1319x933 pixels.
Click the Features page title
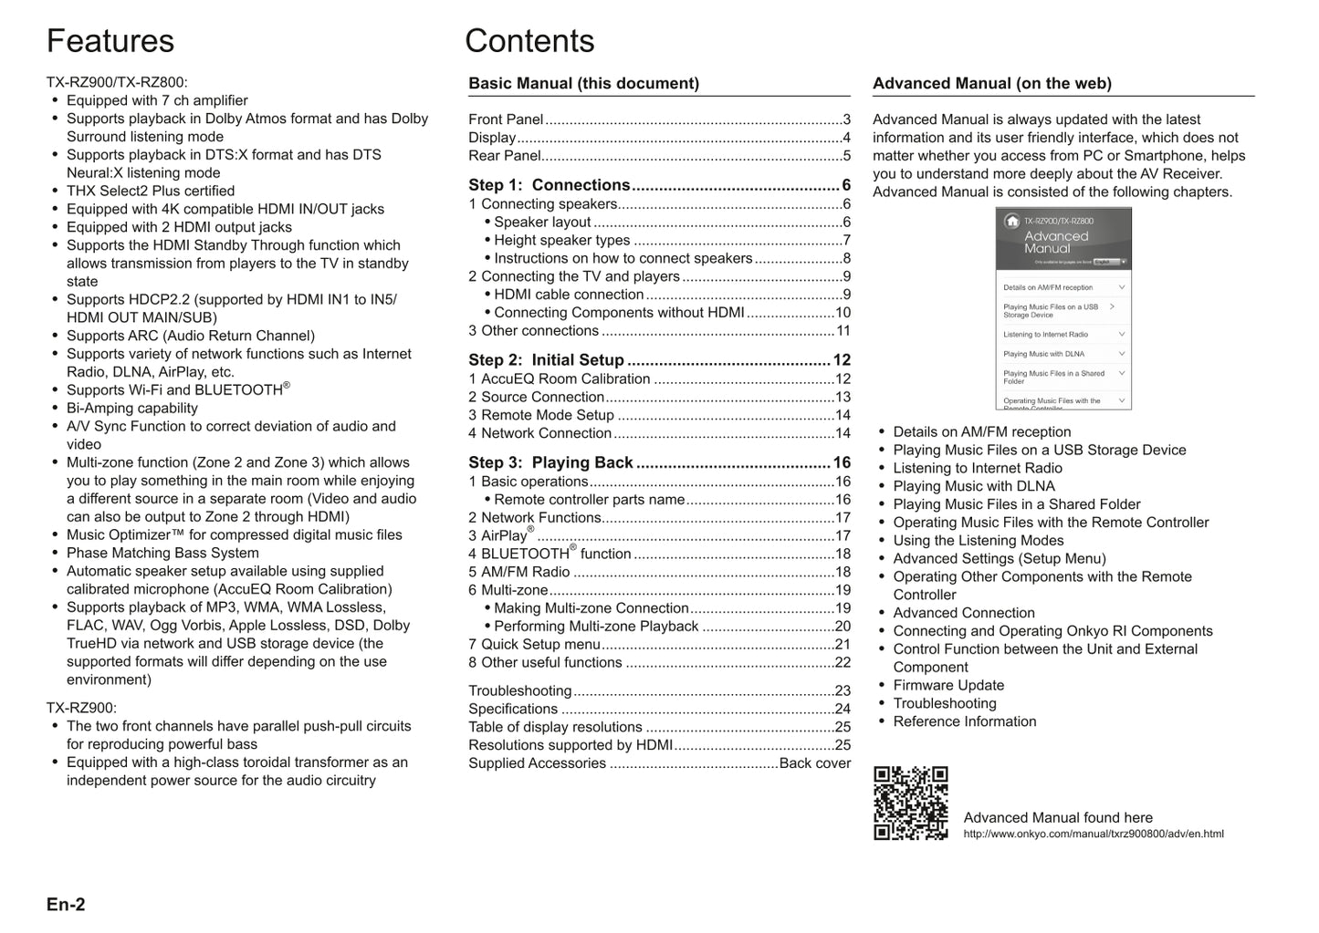110,41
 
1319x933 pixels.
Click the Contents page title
529,41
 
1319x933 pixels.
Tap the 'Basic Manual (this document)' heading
583,83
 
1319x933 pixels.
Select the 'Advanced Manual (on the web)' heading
991,83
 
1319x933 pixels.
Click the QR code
910,803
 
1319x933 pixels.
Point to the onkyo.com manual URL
1093,834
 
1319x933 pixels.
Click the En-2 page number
66,905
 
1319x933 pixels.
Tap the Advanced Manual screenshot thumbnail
1063,308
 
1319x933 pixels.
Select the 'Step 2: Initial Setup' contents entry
546,360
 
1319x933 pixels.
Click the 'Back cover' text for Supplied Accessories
814,763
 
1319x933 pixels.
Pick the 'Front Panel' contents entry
506,119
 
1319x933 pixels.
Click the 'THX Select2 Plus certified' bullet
151,191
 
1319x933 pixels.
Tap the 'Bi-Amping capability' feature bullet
132,408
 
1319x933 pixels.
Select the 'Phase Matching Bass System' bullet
162,553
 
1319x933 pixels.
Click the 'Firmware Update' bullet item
948,685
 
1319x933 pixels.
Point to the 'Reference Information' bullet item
964,721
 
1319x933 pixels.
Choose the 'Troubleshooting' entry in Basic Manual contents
519,690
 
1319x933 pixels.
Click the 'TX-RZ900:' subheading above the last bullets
81,708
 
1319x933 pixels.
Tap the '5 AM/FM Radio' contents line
518,572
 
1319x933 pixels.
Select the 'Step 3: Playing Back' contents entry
550,462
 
